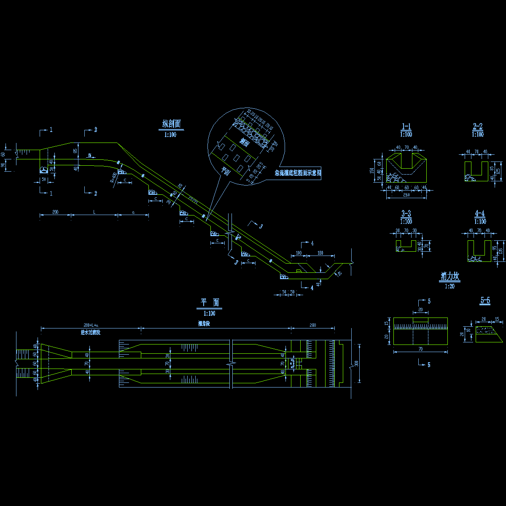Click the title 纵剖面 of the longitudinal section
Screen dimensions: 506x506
[172, 124]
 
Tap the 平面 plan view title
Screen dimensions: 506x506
[210, 302]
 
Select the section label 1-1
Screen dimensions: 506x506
[406, 126]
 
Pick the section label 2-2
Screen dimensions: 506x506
[478, 126]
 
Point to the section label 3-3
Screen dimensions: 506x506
[406, 214]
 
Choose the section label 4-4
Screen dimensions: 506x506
[480, 214]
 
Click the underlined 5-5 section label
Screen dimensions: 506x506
[485, 301]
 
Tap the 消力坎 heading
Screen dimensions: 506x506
[450, 277]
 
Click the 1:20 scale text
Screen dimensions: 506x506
[450, 286]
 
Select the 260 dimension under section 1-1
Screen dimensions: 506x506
[406, 195]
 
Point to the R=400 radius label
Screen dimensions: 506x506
[113, 178]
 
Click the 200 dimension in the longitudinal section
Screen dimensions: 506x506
[55, 212]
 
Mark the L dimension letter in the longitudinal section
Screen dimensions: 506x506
[94, 212]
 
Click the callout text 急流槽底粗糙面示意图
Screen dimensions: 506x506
[298, 173]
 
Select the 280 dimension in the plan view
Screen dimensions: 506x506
[312, 325]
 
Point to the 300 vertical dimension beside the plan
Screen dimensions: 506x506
[356, 363]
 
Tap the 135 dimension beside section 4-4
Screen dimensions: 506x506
[501, 250]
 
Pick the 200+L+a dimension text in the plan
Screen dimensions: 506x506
[91, 325]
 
